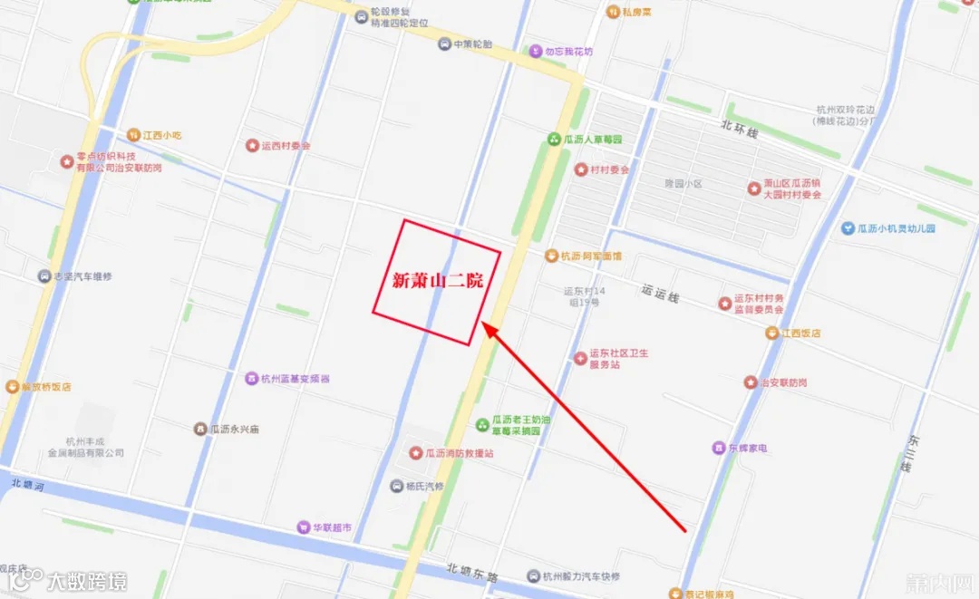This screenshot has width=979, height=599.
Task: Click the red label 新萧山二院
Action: click(x=437, y=282)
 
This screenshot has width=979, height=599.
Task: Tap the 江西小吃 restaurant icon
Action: click(x=134, y=135)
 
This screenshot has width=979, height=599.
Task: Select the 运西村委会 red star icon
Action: click(x=252, y=146)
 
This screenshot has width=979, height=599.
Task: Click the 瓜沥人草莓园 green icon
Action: click(x=554, y=140)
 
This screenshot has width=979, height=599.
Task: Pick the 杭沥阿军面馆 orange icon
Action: click(x=550, y=256)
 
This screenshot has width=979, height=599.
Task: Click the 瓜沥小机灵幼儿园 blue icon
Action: click(x=848, y=228)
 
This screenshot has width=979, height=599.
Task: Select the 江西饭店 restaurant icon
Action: click(x=771, y=333)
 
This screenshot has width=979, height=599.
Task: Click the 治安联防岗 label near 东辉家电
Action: click(x=783, y=382)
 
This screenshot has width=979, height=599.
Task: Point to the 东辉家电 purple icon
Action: click(x=719, y=448)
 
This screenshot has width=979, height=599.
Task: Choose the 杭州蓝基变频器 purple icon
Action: click(x=251, y=378)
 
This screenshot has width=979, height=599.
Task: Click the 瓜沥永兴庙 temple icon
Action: click(x=200, y=428)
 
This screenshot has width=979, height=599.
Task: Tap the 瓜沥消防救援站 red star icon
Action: click(x=416, y=452)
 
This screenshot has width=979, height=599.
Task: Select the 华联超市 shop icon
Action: click(x=303, y=527)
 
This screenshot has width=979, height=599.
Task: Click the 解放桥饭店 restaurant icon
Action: click(x=11, y=387)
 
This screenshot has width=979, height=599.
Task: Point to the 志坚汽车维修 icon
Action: click(x=44, y=276)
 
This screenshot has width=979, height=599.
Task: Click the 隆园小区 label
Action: click(x=683, y=184)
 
